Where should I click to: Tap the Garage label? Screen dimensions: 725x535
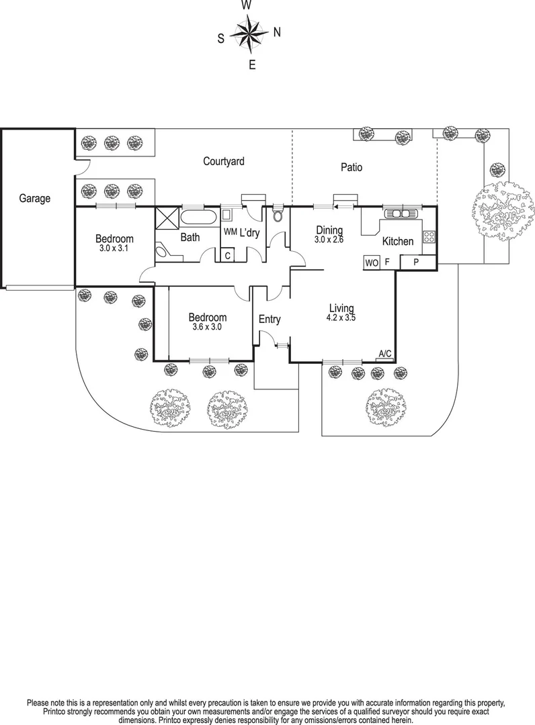coord(34,199)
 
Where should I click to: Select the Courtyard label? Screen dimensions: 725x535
coord(224,161)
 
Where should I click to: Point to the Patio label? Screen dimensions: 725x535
coord(350,167)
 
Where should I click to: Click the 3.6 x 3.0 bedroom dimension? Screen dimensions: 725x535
coord(207,328)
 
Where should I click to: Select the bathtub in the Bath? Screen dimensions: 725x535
coord(198,218)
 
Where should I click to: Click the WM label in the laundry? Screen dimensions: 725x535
coord(230,233)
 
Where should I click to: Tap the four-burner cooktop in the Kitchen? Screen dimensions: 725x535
coord(428,236)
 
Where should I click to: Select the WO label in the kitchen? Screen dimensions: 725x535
coord(371,263)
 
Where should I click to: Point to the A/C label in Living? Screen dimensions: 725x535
coord(385,354)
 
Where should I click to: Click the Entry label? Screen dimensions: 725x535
coord(270,320)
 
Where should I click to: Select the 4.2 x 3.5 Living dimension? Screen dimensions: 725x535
coord(341,318)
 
